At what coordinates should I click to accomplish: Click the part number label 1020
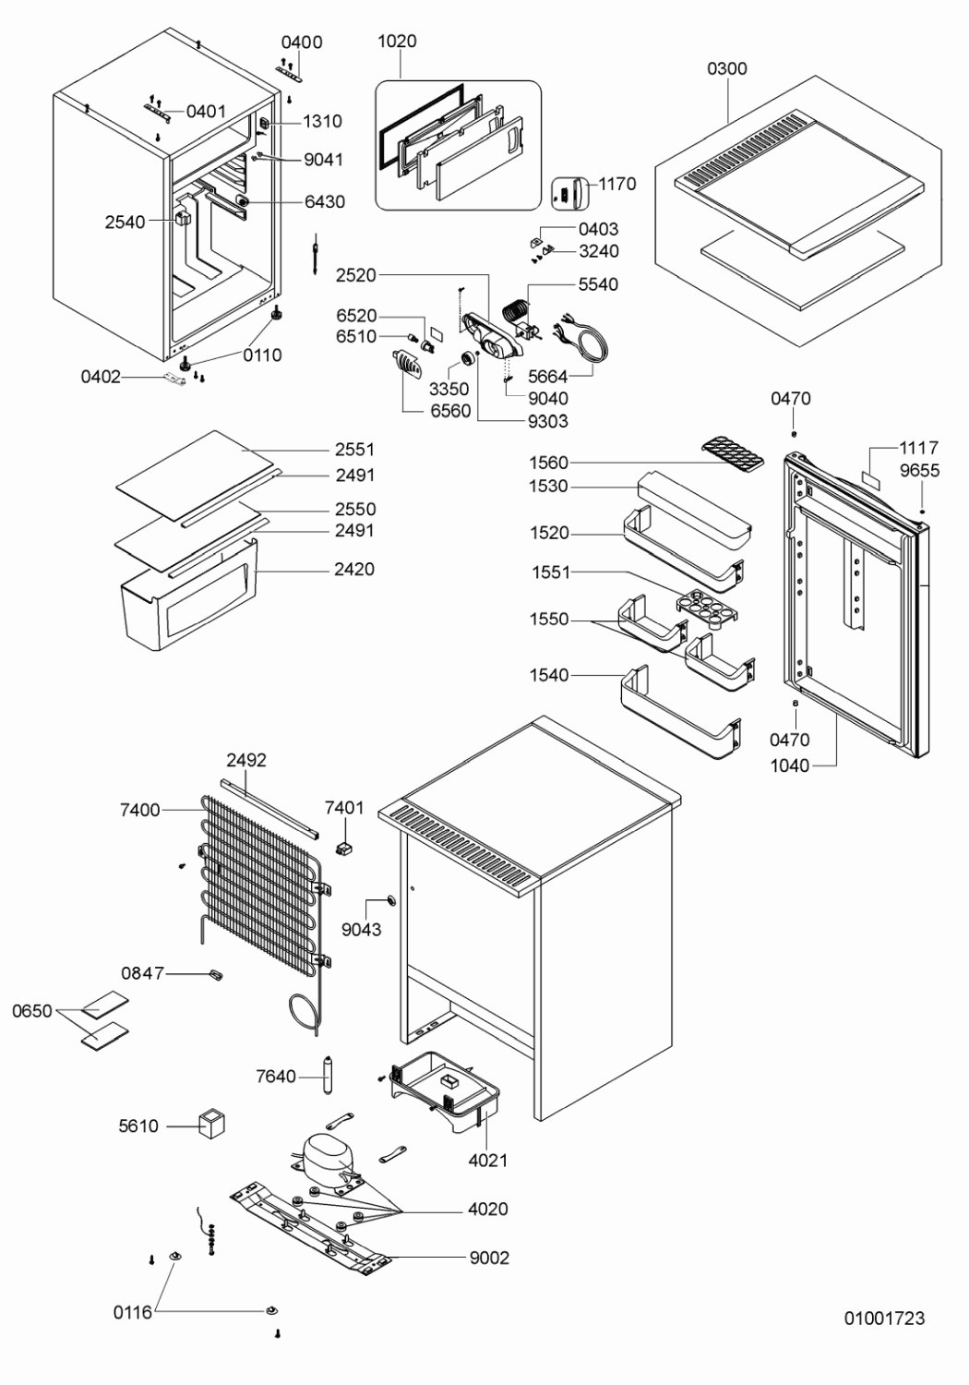(397, 41)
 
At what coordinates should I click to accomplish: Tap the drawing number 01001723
(884, 1318)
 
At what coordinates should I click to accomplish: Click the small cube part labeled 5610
(212, 1123)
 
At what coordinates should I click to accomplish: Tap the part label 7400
(139, 810)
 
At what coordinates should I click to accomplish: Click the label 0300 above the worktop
(727, 68)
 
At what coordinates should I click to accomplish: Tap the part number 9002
(488, 1258)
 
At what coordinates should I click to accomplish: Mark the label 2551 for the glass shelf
(354, 450)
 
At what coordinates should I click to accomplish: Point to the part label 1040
(789, 765)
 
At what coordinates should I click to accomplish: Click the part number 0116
(132, 1312)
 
